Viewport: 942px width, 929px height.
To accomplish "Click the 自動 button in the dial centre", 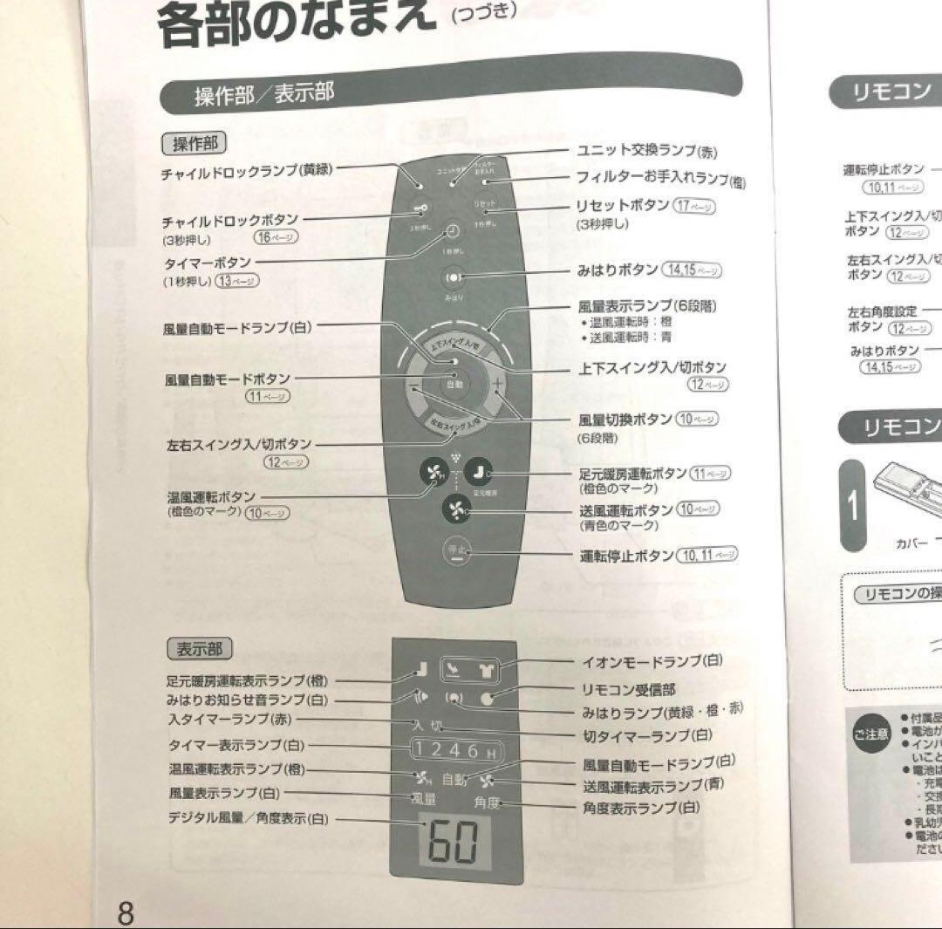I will coord(454,384).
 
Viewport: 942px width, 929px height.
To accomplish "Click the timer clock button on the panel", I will coord(453,231).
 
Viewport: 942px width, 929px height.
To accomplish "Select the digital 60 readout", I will coord(454,842).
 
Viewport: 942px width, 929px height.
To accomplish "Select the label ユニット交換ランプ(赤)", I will coord(645,151).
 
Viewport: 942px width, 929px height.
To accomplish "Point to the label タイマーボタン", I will coord(207,263).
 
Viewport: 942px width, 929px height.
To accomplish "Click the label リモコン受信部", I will coord(628,689).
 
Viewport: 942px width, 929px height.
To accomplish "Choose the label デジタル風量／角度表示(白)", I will coord(249,818).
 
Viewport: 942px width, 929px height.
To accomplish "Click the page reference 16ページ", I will coord(276,238).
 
